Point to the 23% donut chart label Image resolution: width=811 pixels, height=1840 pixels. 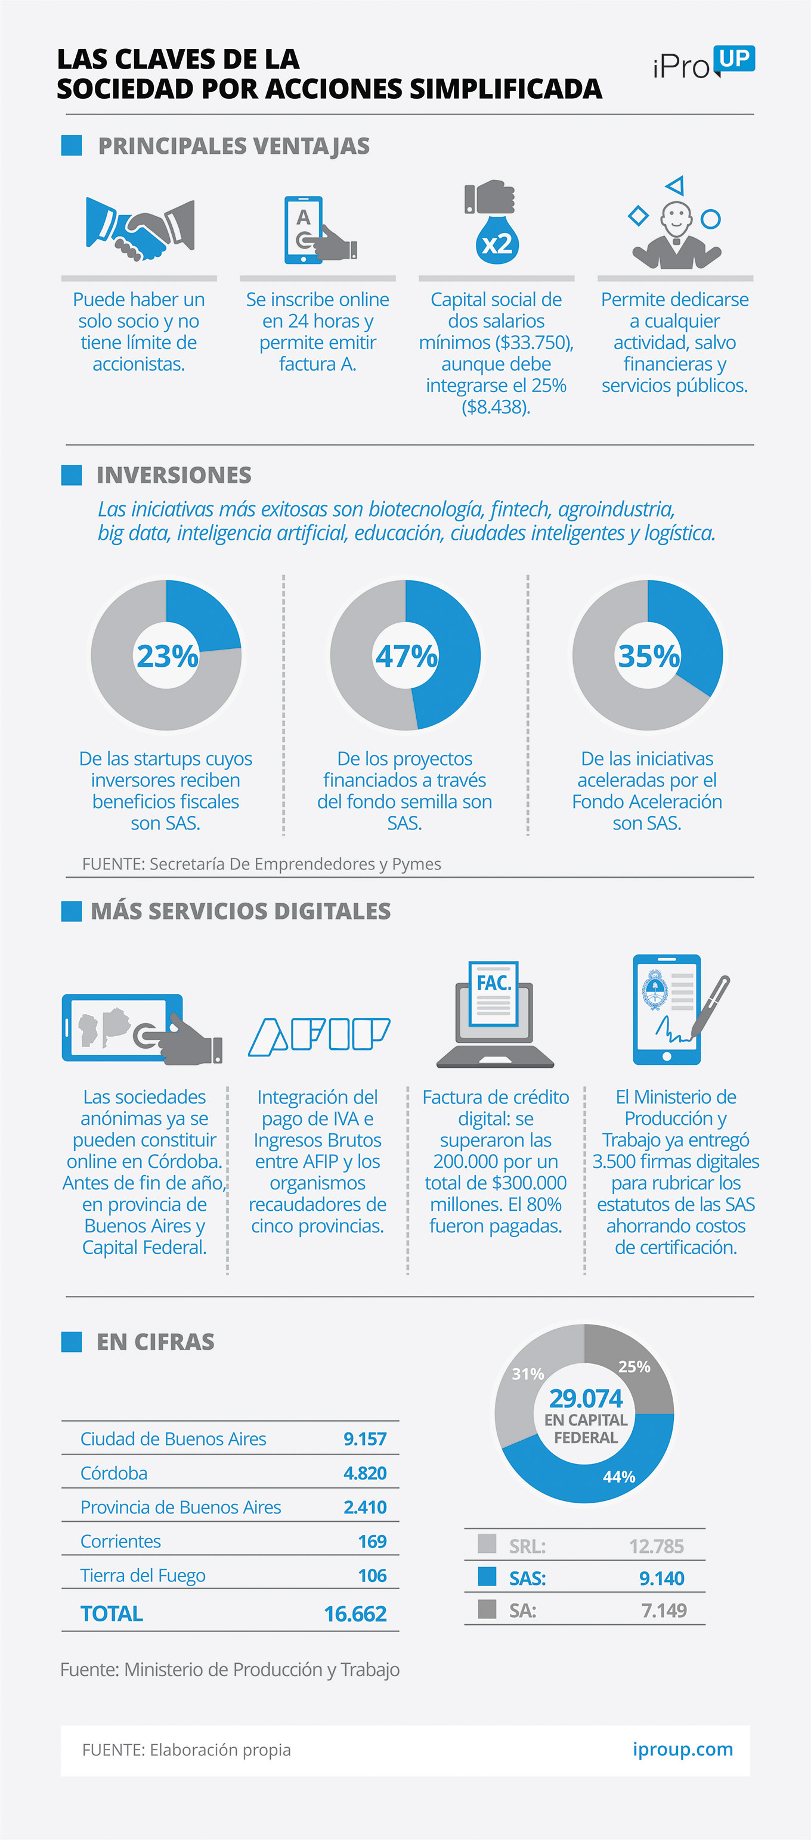(x=167, y=655)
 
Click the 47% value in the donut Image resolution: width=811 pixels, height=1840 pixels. (x=406, y=655)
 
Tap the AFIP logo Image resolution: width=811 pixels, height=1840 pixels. (x=318, y=1036)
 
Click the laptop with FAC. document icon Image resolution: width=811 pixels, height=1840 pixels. (x=495, y=1014)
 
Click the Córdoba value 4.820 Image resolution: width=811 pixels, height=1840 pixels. (x=364, y=1473)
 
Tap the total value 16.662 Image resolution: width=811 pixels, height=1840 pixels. (x=355, y=1614)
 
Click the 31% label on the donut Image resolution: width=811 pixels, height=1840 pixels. (x=527, y=1373)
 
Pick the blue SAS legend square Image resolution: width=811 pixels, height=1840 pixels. (x=487, y=1577)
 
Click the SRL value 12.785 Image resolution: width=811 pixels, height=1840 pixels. (x=656, y=1546)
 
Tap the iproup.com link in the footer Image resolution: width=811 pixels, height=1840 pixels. (x=682, y=1749)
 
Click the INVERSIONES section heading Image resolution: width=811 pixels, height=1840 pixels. (x=174, y=475)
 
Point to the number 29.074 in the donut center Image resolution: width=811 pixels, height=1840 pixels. (x=585, y=1398)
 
